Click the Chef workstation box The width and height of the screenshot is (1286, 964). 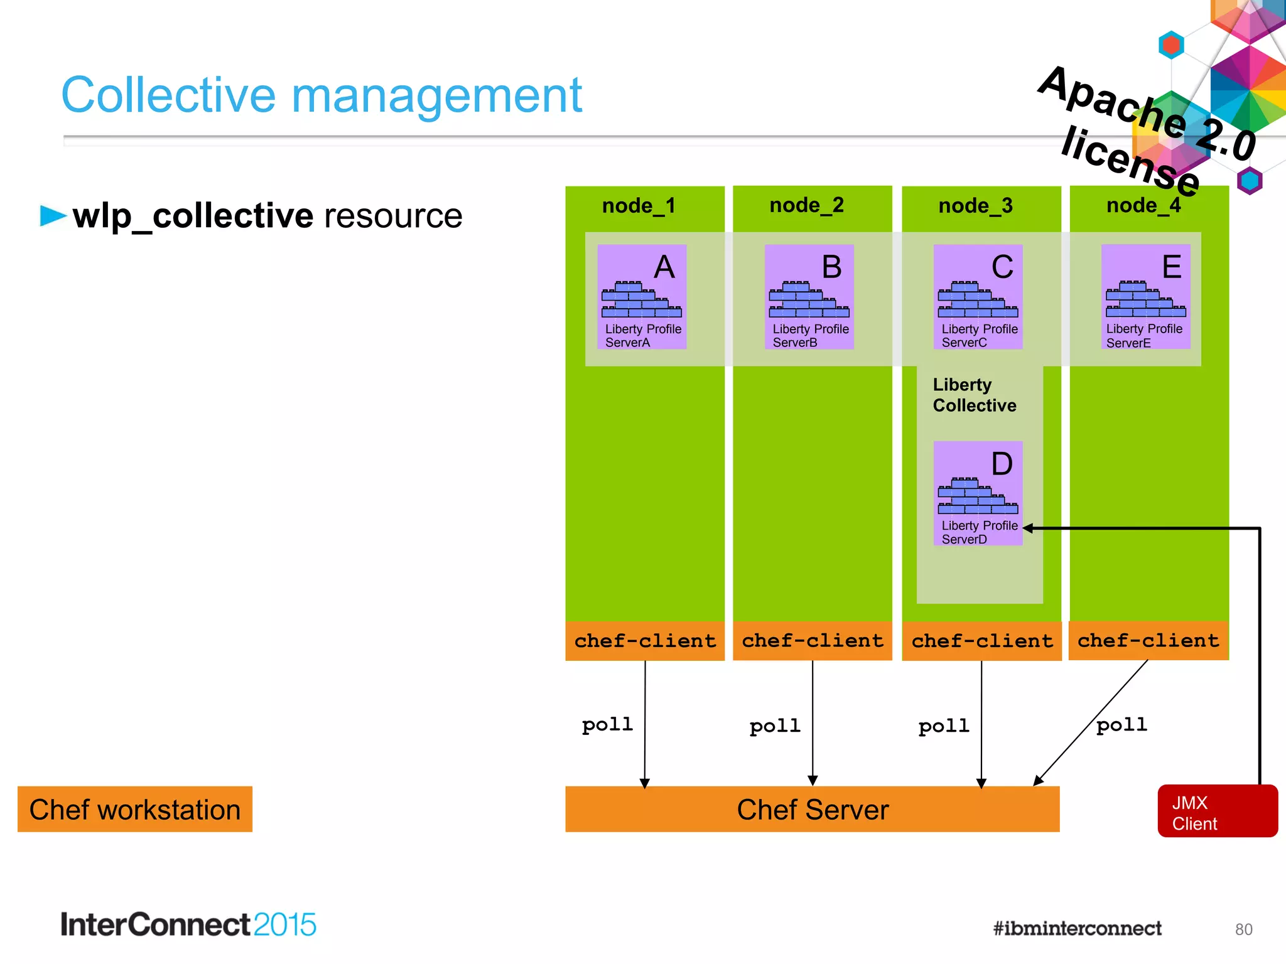[x=134, y=810]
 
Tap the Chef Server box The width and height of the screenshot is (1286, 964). [x=812, y=810]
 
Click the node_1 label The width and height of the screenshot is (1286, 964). [x=639, y=206]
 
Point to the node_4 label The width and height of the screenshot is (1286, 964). [x=1143, y=205]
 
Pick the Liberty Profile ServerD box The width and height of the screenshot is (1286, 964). [x=978, y=493]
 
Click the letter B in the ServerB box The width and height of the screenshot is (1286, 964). [x=831, y=267]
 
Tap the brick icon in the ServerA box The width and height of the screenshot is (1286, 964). [x=640, y=300]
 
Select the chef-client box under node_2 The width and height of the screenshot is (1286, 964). [x=812, y=641]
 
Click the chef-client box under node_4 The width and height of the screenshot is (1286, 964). [x=1148, y=641]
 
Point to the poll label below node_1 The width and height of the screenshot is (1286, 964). [x=607, y=725]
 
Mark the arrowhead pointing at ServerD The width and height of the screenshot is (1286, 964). [x=1029, y=528]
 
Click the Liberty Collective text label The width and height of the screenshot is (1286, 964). [x=974, y=395]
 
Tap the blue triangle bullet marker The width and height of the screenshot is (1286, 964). [x=53, y=215]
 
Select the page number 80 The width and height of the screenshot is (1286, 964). [x=1243, y=929]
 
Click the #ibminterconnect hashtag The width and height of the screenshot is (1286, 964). [x=1077, y=928]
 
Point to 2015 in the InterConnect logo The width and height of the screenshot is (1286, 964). [x=284, y=925]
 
